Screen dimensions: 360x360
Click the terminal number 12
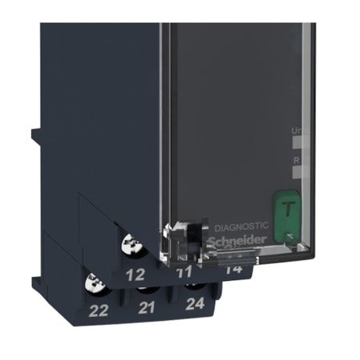coord(135,275)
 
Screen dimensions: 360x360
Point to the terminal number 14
coord(232,270)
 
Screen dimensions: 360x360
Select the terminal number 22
coord(99,311)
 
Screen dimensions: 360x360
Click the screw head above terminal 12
coord(131,248)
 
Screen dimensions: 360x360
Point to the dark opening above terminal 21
coord(146,290)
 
